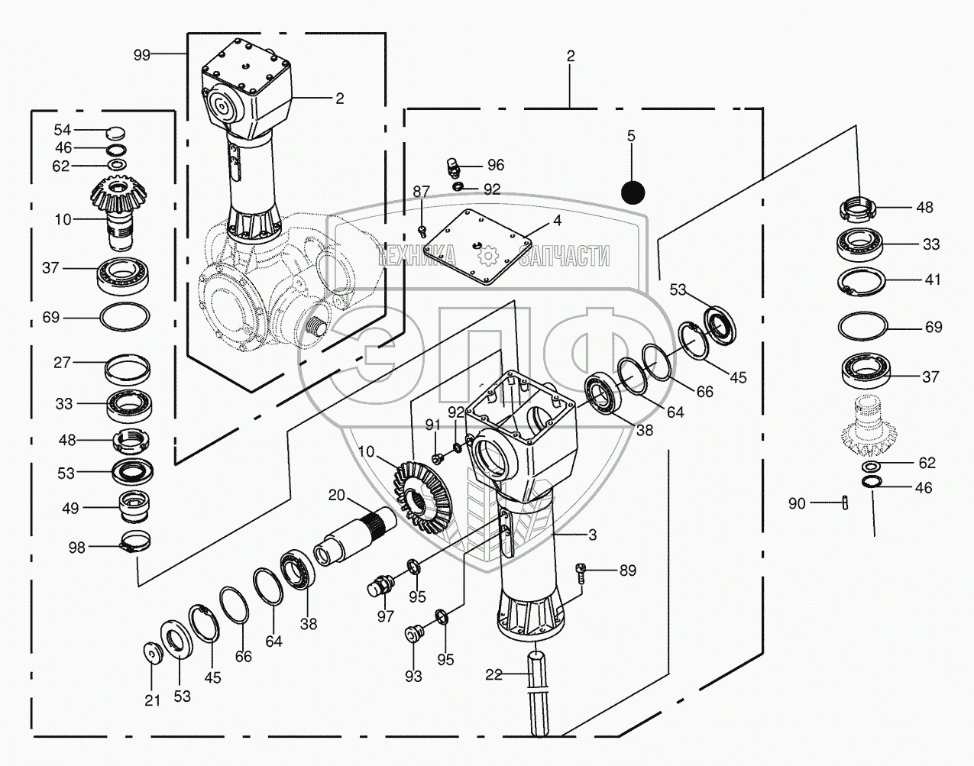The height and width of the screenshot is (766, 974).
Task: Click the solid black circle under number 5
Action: click(x=633, y=192)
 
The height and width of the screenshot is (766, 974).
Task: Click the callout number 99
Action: click(x=142, y=55)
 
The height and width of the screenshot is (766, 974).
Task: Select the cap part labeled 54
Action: click(x=116, y=134)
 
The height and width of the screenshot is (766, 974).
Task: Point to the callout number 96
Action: click(x=496, y=165)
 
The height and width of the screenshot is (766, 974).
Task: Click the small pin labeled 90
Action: click(x=845, y=503)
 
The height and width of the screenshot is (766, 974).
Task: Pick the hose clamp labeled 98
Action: click(x=135, y=541)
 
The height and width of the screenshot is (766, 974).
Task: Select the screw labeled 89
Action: click(x=581, y=574)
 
